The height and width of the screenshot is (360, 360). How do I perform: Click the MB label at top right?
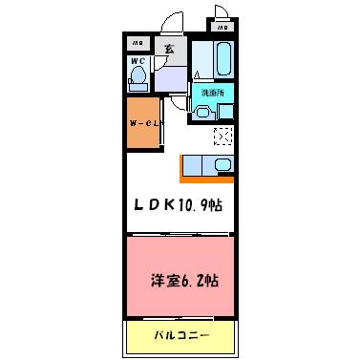click(x=223, y=28)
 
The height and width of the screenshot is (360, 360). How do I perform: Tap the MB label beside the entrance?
click(x=138, y=44)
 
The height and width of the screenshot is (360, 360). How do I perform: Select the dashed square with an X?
click(x=223, y=138)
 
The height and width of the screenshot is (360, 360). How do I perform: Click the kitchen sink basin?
click(x=222, y=165)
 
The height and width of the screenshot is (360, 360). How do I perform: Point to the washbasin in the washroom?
click(x=202, y=113)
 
